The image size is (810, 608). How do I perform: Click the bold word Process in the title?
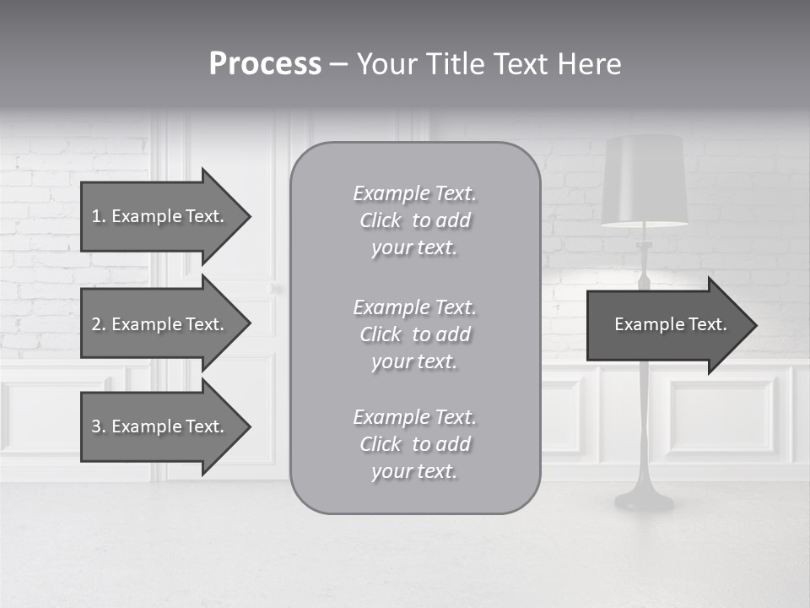(265, 64)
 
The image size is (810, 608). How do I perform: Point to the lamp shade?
(645, 180)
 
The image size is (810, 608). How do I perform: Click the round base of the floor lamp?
(645, 501)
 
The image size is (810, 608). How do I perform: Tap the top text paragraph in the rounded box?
(415, 220)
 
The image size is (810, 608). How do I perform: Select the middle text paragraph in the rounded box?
(415, 334)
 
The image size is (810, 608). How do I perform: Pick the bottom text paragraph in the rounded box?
(415, 444)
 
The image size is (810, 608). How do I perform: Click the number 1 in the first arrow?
(96, 216)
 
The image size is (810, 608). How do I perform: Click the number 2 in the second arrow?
(96, 324)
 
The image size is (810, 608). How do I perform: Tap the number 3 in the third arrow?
(96, 426)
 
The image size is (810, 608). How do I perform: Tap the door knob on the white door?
(276, 290)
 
